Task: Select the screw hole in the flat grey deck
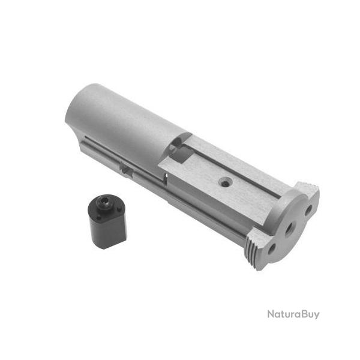224,181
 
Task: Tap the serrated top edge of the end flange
308,187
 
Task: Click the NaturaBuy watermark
293,314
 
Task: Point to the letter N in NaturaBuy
271,314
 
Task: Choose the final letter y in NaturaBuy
316,315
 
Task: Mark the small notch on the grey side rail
126,169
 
